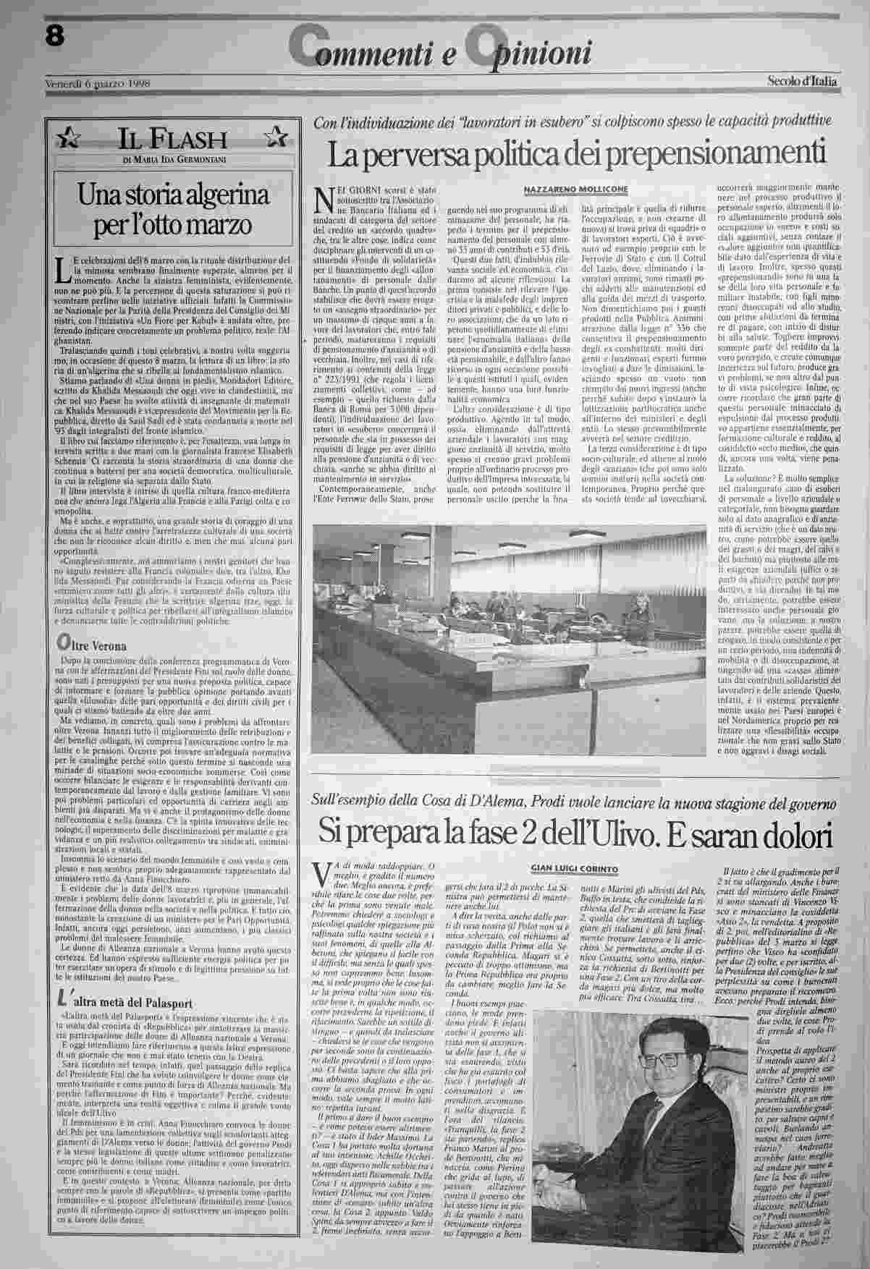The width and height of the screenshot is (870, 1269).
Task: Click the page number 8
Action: [53, 36]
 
